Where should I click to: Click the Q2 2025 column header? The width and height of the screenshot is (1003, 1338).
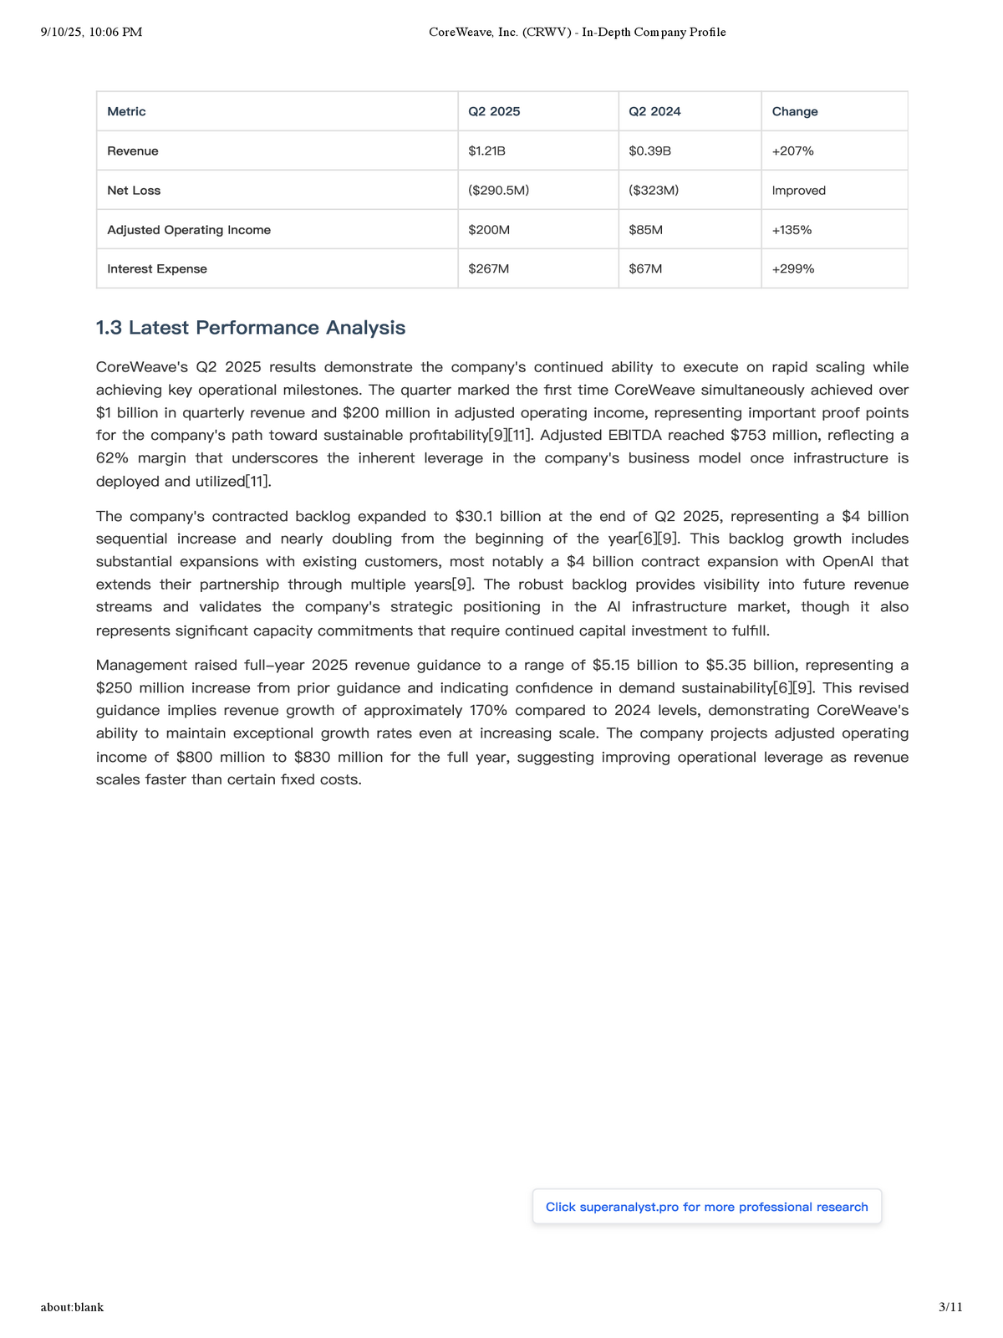coord(494,112)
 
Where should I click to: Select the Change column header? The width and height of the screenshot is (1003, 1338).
coord(795,112)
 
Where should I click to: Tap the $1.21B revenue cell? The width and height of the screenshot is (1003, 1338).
coord(486,151)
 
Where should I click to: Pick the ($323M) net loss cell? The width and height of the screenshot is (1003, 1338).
coord(654,191)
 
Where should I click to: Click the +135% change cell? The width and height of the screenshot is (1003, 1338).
coord(792,230)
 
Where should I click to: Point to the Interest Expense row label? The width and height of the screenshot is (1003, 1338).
coord(157,269)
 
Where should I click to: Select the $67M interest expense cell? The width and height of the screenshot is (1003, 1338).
coord(645,269)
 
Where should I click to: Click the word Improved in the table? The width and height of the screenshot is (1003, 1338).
coord(798,191)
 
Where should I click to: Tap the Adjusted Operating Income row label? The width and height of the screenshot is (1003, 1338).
coord(189,230)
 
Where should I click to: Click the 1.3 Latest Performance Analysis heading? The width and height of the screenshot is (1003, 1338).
coord(251,328)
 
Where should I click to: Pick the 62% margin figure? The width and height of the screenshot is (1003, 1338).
coord(113,458)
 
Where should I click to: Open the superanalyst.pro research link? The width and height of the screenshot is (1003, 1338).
coord(706,1207)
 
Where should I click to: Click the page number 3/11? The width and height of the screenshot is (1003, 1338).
coord(950,1307)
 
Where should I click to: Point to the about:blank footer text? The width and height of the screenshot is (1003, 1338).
coord(72,1307)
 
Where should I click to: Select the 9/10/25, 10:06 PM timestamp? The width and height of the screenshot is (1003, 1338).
coord(91,33)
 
